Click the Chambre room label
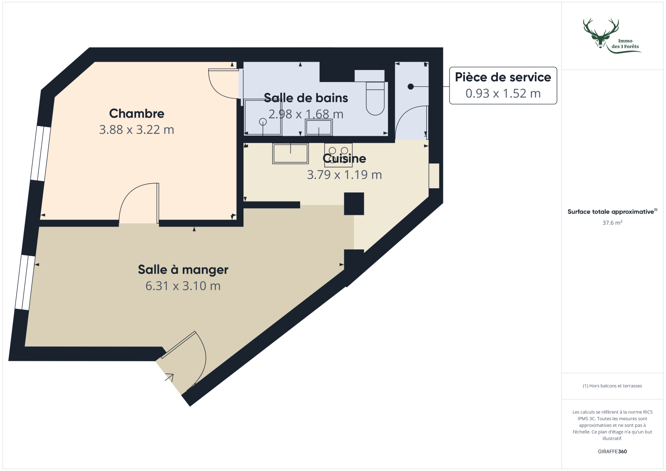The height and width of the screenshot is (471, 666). point(137,114)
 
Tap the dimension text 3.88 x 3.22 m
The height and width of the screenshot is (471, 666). point(137,130)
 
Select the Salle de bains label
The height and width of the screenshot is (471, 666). point(306,98)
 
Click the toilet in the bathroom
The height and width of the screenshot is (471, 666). point(375,98)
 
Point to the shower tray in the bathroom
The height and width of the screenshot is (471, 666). point(263,117)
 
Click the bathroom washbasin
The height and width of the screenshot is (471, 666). point(319,127)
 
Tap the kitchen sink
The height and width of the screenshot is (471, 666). point(291,153)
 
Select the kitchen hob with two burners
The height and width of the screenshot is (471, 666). point(338,155)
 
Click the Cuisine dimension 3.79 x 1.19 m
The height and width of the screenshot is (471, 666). point(344,175)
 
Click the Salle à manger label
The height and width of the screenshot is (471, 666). point(183,270)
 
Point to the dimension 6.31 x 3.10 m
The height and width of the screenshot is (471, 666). point(183,286)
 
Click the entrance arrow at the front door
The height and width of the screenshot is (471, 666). point(169,377)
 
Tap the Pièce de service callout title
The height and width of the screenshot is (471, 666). point(503,77)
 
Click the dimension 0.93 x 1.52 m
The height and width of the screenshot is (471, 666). point(503,94)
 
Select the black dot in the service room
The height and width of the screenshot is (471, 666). point(411,87)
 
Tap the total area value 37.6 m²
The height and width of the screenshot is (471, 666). point(612,223)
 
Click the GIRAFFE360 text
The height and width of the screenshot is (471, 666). point(612,451)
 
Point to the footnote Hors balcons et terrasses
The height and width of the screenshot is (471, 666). point(612,386)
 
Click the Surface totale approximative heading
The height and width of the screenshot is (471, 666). point(611,212)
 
